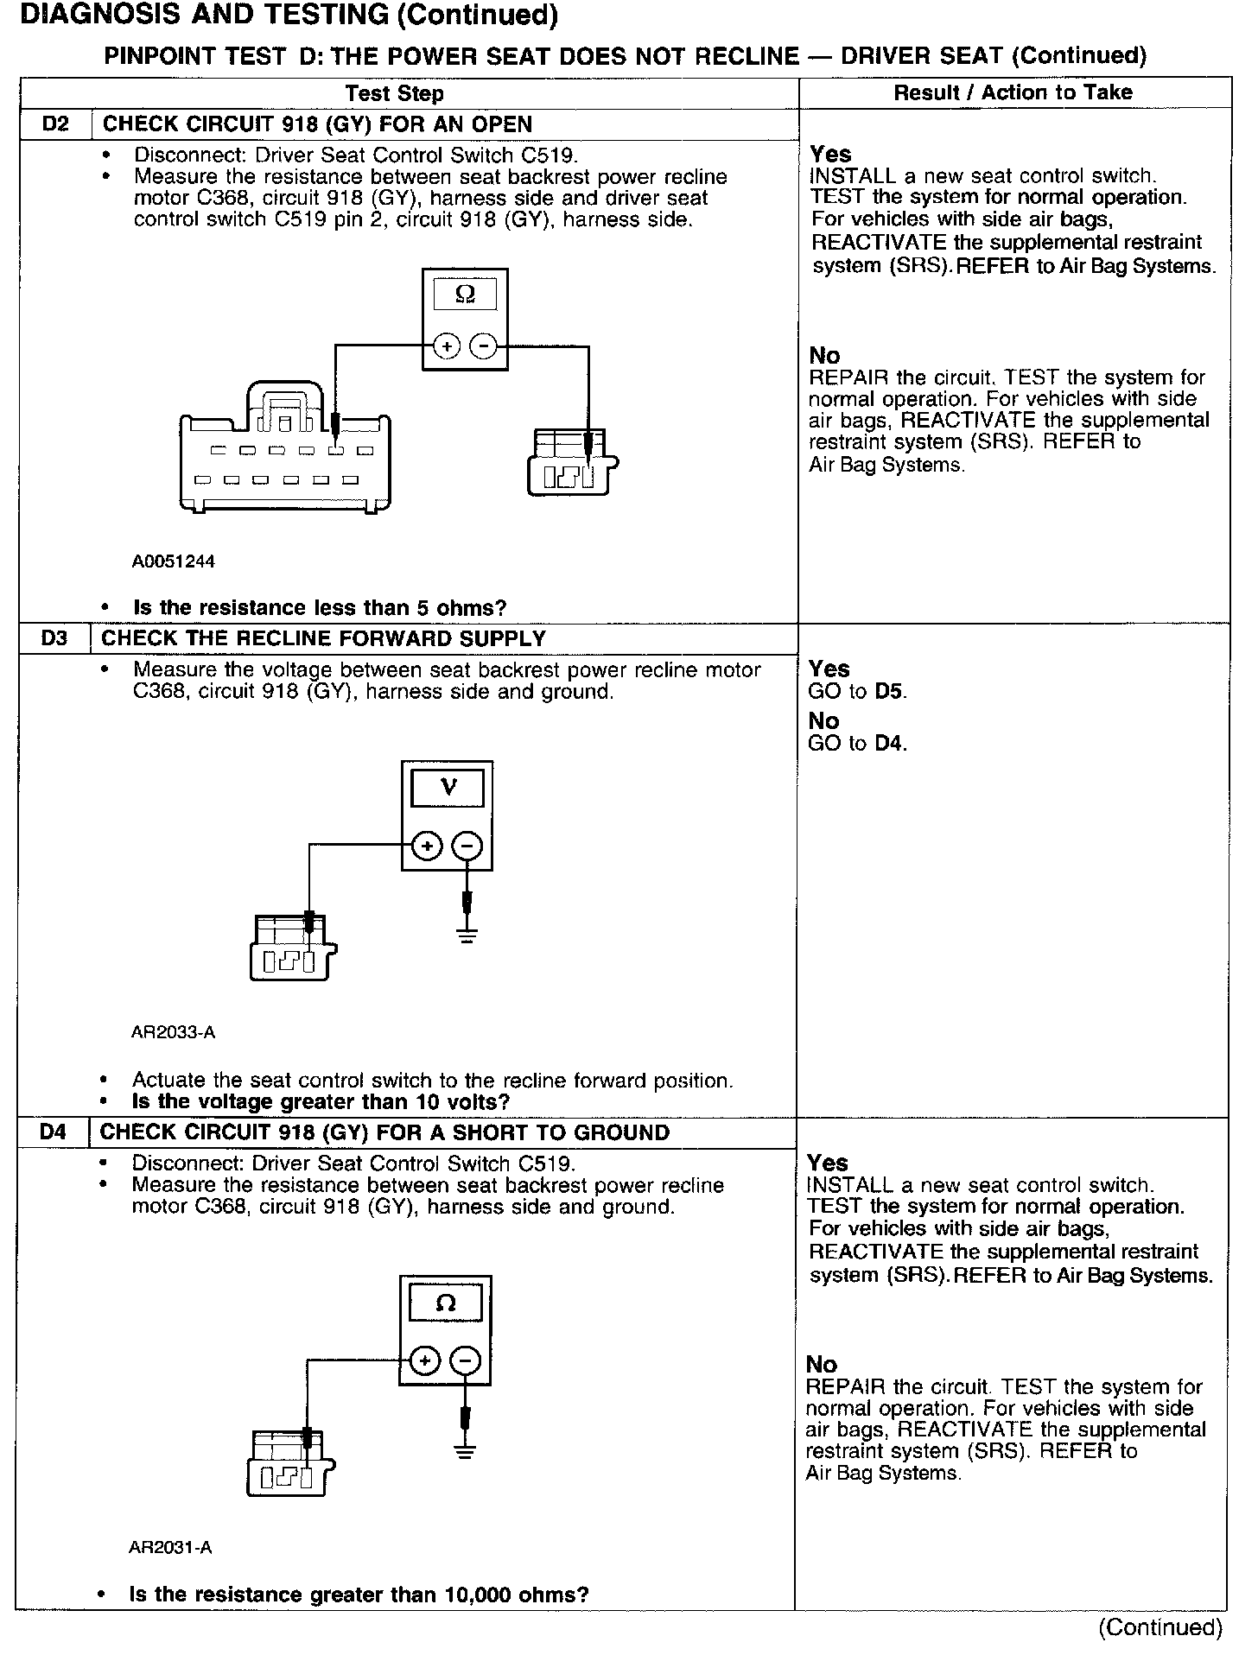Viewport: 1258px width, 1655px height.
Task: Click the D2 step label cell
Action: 55,124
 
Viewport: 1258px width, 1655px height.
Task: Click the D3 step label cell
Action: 54,639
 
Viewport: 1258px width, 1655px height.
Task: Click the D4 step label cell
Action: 53,1132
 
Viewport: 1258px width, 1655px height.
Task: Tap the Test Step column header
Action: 394,93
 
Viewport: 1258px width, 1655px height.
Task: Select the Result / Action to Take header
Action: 1013,92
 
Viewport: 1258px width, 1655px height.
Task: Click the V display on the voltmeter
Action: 448,788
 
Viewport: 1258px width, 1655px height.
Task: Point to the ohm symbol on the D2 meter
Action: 465,295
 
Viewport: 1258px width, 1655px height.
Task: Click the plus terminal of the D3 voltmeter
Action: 427,847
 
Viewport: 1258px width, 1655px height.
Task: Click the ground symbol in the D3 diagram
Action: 467,935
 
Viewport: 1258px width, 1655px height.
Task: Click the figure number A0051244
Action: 173,561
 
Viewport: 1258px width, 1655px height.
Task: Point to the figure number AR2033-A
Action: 173,1032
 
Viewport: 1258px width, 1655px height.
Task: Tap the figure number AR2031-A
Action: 170,1548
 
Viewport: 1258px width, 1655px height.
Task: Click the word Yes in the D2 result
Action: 830,155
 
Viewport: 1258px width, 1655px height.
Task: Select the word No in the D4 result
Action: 821,1365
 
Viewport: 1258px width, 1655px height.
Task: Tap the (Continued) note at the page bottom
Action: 1160,1628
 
